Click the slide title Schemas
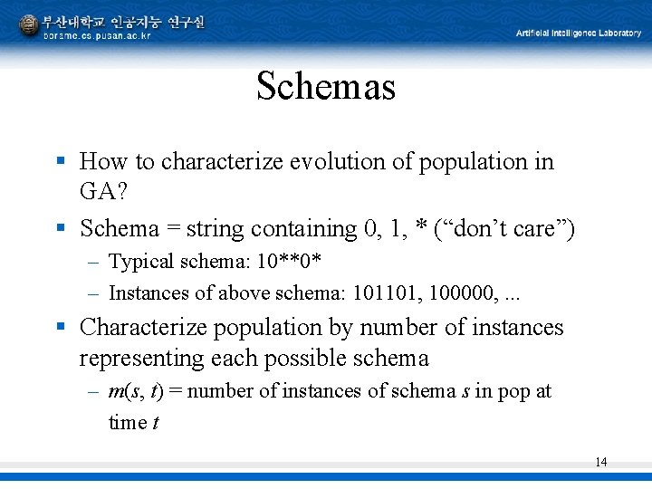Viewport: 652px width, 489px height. click(x=326, y=87)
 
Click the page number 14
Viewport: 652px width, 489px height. click(x=600, y=463)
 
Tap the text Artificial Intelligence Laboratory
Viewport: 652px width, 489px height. click(x=578, y=34)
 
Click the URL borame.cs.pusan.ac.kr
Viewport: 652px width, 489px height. click(x=98, y=36)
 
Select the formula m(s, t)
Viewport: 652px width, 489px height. click(x=142, y=392)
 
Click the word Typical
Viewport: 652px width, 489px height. click(x=141, y=263)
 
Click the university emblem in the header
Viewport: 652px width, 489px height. click(x=28, y=24)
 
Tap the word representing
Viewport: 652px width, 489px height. click(x=143, y=359)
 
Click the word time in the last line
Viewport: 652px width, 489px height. click(x=128, y=423)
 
